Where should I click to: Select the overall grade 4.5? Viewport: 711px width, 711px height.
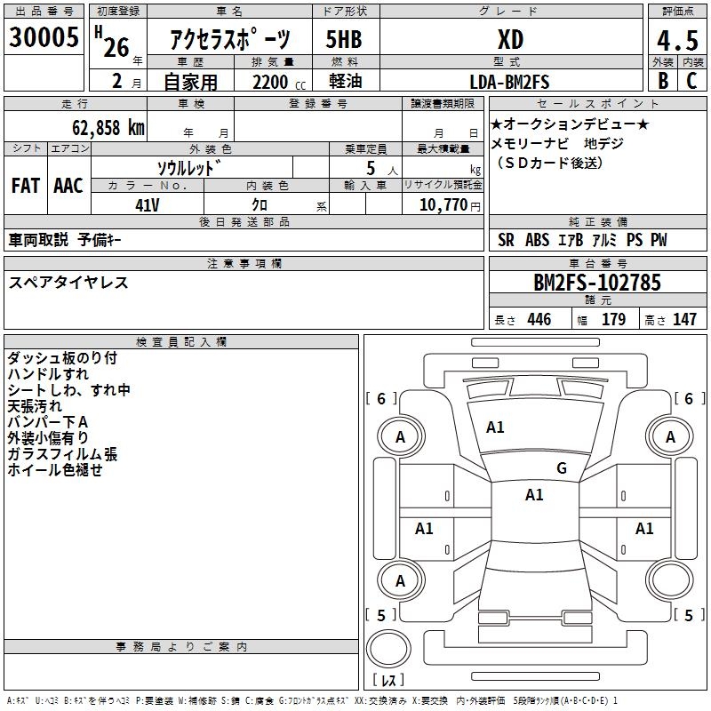click(x=675, y=41)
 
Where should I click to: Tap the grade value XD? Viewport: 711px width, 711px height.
click(x=509, y=40)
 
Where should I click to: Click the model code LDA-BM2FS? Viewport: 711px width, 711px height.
click(x=509, y=83)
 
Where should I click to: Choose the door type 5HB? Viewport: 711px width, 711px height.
click(x=345, y=40)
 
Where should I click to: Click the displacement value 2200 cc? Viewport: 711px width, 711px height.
click(x=271, y=83)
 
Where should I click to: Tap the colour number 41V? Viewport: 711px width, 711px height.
click(x=148, y=205)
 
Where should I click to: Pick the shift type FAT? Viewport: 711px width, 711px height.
click(x=26, y=186)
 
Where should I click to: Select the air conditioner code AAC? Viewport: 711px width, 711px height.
click(x=68, y=186)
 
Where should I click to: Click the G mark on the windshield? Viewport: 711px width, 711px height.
click(x=561, y=468)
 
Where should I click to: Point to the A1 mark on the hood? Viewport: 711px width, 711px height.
click(x=495, y=427)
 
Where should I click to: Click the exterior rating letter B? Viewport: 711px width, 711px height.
click(x=662, y=82)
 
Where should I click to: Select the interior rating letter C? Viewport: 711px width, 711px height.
click(x=691, y=82)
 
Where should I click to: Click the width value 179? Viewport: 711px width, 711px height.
click(x=614, y=320)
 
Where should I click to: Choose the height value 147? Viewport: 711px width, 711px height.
click(x=684, y=320)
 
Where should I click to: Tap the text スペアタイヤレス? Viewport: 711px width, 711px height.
click(x=69, y=283)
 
